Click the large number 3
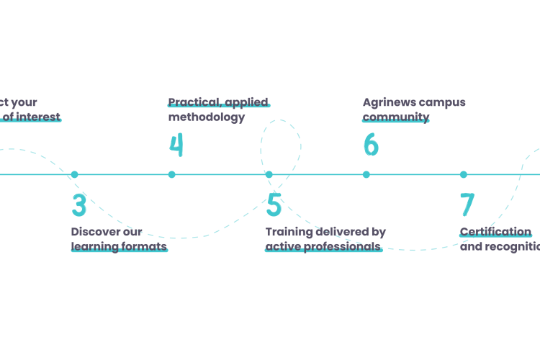[x=79, y=205]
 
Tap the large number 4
[x=176, y=145]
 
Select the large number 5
[x=274, y=205]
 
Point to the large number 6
[x=370, y=145]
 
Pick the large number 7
[x=467, y=205]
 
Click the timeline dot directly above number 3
[x=74, y=174]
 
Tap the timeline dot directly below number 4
[x=171, y=174]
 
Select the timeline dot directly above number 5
[x=269, y=174]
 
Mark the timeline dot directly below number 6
[x=366, y=174]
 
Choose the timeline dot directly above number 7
[x=463, y=174]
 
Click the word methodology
[x=207, y=117]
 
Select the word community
[x=396, y=117]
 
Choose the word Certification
[x=495, y=232]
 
